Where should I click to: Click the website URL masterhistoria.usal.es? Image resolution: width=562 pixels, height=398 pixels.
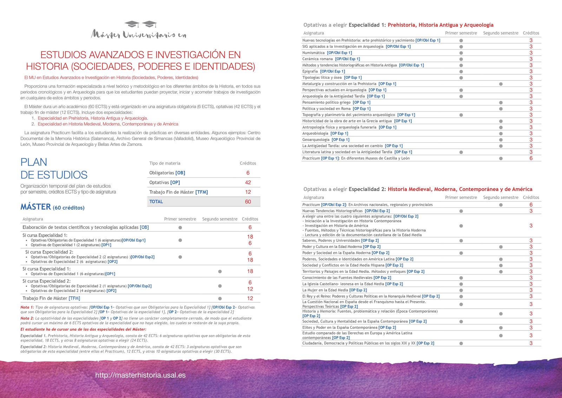[x=140, y=375]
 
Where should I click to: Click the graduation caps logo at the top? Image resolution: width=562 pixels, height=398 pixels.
[x=140, y=24]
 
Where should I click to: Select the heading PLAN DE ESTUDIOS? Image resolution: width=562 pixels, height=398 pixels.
[x=54, y=168]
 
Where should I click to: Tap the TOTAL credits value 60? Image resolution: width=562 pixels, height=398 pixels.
[x=248, y=202]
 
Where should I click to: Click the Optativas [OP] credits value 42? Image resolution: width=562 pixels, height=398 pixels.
[x=248, y=182]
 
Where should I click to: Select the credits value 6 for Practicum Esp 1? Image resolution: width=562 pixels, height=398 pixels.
[x=531, y=159]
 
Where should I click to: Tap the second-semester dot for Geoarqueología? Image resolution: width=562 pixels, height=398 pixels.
[x=501, y=140]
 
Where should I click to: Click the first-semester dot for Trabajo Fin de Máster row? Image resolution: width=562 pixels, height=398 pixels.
[x=220, y=298]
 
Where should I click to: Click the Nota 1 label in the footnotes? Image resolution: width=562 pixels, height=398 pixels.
[x=27, y=307]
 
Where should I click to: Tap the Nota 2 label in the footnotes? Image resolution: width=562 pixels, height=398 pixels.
[x=27, y=318]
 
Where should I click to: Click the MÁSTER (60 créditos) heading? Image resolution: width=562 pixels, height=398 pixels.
[x=52, y=207]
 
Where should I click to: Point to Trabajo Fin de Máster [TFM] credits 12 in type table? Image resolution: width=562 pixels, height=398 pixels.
[x=248, y=192]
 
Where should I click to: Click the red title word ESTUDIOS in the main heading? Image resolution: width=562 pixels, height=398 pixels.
[x=63, y=55]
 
